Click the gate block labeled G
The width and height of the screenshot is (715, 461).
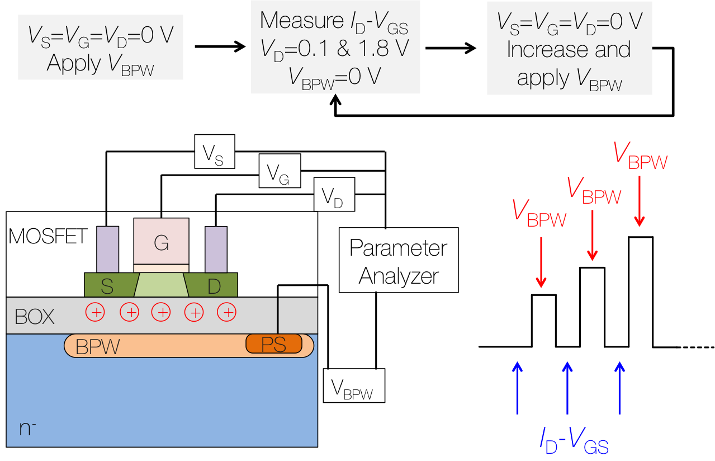pos(161,241)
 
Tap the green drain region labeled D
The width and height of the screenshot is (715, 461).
pos(213,285)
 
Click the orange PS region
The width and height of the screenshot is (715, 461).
pos(274,344)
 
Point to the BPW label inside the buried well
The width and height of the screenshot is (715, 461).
pos(98,347)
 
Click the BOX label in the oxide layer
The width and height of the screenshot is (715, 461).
pos(35,317)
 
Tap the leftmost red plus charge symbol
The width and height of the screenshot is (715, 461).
pos(95,312)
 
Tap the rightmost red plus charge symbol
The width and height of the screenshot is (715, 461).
pos(227,312)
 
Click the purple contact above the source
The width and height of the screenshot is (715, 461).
pos(108,249)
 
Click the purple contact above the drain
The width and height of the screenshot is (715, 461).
pos(216,249)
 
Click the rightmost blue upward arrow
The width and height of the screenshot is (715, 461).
pos(619,387)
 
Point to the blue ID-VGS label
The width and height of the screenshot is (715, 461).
pos(574,441)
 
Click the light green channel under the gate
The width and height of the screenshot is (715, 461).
pos(162,285)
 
